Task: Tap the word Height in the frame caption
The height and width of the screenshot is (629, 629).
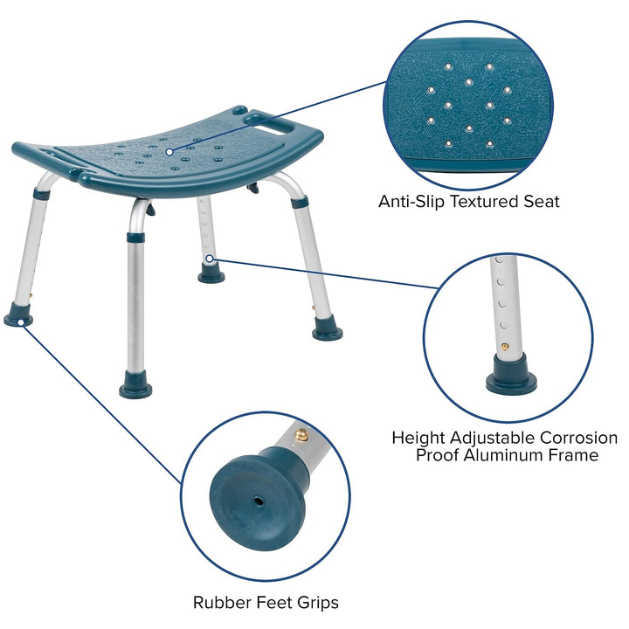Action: click(418, 437)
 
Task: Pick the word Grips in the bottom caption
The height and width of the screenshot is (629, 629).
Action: click(316, 602)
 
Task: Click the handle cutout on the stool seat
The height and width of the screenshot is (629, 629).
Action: click(260, 117)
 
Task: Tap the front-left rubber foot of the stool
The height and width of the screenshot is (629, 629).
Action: click(18, 319)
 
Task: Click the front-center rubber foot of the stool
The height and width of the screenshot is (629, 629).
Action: click(135, 389)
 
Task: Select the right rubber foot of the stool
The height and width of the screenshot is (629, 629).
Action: click(328, 332)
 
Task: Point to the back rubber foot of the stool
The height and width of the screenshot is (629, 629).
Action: click(211, 275)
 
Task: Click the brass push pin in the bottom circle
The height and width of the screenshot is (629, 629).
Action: click(301, 434)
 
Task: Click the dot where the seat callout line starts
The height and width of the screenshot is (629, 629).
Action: click(169, 151)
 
